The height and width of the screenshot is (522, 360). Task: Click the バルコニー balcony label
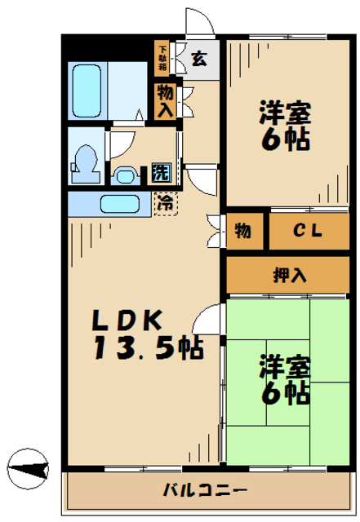(x=204, y=491)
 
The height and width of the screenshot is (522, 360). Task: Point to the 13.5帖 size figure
(x=147, y=351)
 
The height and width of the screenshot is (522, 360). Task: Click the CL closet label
(x=308, y=231)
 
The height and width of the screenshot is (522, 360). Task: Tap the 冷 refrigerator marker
(x=165, y=201)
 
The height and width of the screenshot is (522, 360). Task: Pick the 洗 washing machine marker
(x=161, y=173)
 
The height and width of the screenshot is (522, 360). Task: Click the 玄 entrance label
(x=199, y=59)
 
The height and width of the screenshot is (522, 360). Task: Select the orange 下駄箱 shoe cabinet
(x=162, y=58)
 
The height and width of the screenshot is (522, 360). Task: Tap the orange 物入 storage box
(x=164, y=101)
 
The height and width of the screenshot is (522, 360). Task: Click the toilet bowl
(x=84, y=161)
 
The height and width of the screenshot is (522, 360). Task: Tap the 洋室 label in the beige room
(x=285, y=109)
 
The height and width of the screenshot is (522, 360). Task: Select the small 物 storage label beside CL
(x=243, y=231)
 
